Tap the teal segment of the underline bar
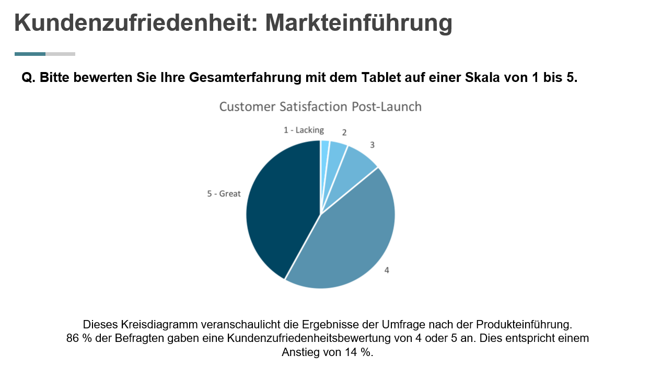[30, 54]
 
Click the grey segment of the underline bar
[60, 54]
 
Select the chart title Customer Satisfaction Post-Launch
[320, 107]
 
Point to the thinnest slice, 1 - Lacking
[324, 149]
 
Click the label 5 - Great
[224, 194]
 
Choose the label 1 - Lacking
[304, 130]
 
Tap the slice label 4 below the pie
[387, 270]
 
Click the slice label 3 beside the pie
[372, 145]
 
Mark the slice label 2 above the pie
[344, 132]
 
